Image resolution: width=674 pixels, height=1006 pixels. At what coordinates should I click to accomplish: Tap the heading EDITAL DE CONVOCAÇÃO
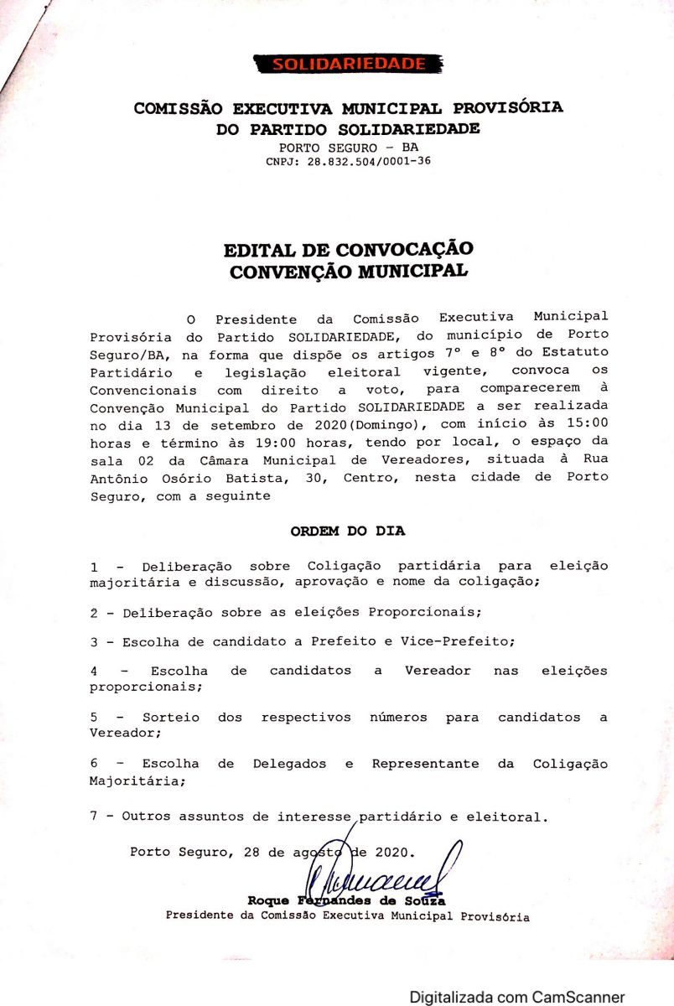tap(348, 250)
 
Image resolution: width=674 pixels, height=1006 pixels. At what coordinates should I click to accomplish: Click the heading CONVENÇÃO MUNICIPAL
tap(348, 272)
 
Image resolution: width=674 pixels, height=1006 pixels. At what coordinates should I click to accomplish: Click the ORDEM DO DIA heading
tap(347, 531)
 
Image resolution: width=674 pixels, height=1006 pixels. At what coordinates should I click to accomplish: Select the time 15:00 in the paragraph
tap(590, 423)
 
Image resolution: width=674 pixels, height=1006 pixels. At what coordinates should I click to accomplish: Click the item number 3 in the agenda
tap(94, 641)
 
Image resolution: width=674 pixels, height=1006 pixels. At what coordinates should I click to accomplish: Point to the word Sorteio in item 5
tap(171, 718)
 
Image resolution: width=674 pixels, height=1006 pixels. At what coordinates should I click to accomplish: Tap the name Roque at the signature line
tap(268, 900)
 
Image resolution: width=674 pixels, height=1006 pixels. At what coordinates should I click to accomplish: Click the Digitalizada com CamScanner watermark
tap(516, 997)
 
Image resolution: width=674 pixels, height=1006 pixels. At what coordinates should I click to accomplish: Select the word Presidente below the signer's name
tap(200, 916)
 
